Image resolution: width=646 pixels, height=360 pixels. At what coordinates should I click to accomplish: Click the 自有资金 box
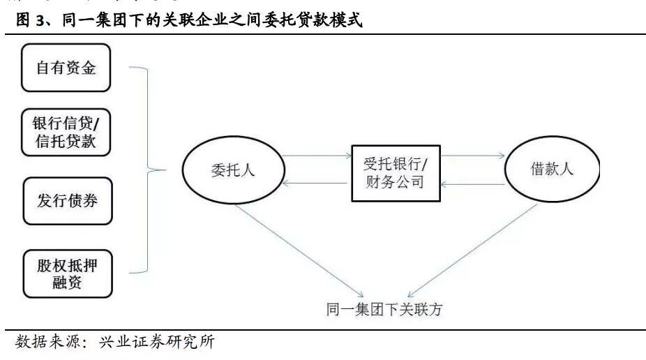[x=66, y=68]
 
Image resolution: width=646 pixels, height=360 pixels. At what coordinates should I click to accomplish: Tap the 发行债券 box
[x=67, y=201]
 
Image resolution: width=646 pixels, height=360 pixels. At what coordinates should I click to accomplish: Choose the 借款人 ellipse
[x=552, y=170]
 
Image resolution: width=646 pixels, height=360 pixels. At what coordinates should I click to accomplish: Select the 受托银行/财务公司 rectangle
[x=396, y=174]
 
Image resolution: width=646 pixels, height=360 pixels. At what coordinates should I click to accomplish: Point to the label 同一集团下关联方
[x=384, y=310]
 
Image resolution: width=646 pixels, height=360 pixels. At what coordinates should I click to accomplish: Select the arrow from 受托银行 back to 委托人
[x=317, y=183]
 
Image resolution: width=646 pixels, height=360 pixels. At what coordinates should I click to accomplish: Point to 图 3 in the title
[x=31, y=21]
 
